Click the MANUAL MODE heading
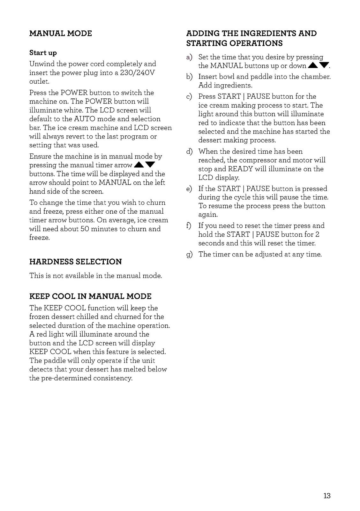pyautogui.click(x=60, y=34)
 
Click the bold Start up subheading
pyautogui.click(x=43, y=53)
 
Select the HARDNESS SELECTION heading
pyautogui.click(x=75, y=262)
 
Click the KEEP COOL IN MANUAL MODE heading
pyautogui.click(x=90, y=296)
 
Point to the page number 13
pyautogui.click(x=327, y=496)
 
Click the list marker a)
pyautogui.click(x=190, y=57)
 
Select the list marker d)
pyautogui.click(x=190, y=152)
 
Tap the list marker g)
pyautogui.click(x=190, y=255)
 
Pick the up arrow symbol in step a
pyautogui.click(x=313, y=66)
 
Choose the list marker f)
pyautogui.click(x=190, y=226)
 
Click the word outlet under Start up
pyautogui.click(x=39, y=81)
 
